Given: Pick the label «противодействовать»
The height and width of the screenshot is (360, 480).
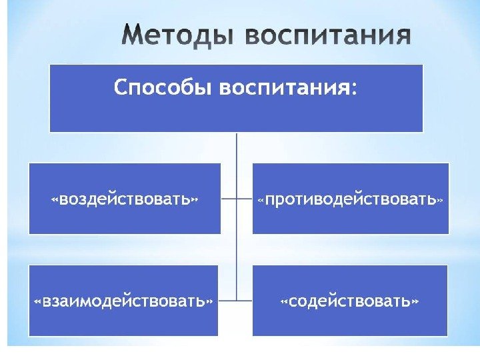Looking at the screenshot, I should (x=351, y=199).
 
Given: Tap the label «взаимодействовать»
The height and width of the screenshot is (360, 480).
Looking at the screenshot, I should (x=124, y=301).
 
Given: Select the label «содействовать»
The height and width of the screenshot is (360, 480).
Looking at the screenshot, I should (x=351, y=301).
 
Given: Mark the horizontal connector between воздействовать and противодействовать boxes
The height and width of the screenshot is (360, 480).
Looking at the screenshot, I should (x=237, y=199).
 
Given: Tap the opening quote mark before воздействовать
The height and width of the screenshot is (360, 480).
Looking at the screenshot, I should (x=55, y=199).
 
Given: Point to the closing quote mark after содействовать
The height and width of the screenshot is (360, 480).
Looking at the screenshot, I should (x=416, y=301).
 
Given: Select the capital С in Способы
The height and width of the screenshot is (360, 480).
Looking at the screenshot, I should (x=121, y=87).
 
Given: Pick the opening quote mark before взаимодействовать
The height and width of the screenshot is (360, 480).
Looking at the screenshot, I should (x=38, y=301).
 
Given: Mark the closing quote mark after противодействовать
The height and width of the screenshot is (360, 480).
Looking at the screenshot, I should (x=441, y=199).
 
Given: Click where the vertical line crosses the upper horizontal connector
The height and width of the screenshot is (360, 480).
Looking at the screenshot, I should (x=237, y=199).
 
